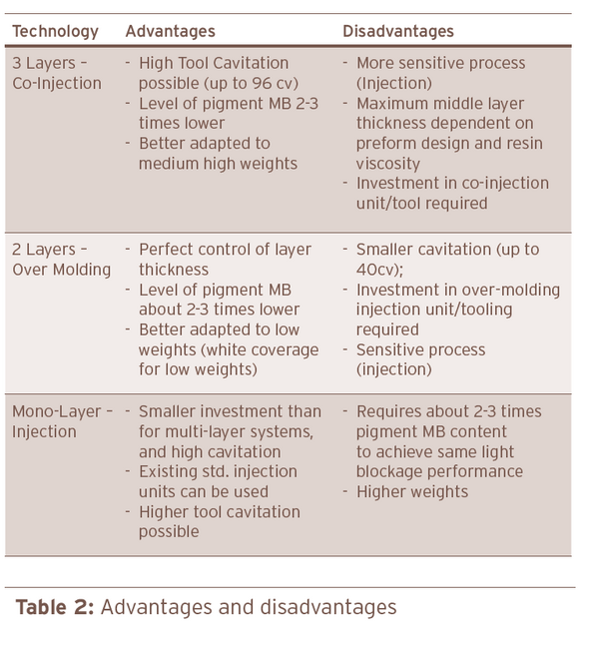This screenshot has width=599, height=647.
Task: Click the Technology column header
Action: pos(55,32)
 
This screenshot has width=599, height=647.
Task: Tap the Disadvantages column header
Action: pos(397,32)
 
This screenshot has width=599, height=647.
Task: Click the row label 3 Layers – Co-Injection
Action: pos(57,73)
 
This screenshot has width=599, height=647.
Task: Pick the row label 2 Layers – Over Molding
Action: pos(60,260)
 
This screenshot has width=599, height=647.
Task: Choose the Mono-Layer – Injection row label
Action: pos(62,421)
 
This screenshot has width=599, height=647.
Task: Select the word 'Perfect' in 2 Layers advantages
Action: pos(169,250)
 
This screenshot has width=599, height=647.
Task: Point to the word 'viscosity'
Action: pos(389,163)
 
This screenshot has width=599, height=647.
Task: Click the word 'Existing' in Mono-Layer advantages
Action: pos(170,471)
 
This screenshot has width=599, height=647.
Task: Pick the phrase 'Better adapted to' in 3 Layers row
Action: pos(204,143)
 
